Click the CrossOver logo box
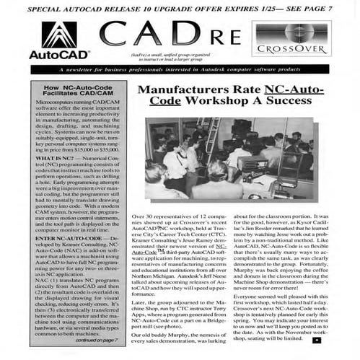click(x=291, y=40)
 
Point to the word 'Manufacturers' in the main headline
click(x=199, y=92)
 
